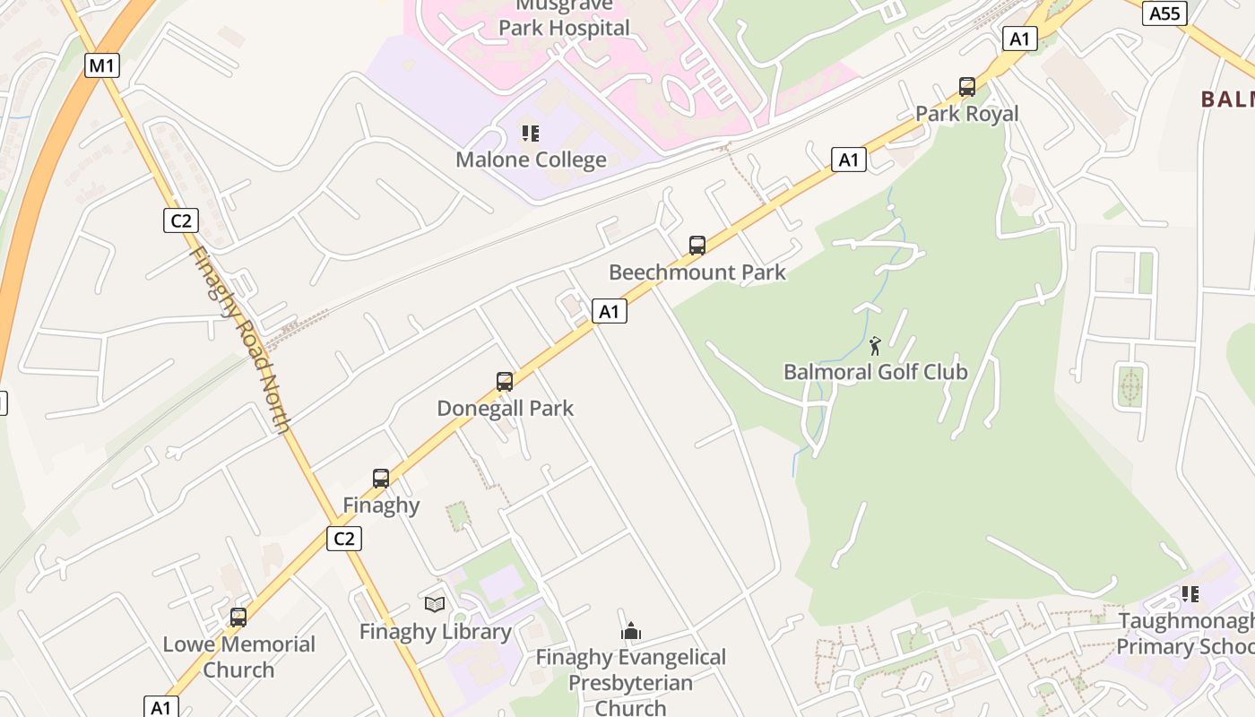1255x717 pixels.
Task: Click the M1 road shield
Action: pos(102,65)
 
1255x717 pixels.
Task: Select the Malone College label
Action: pos(531,160)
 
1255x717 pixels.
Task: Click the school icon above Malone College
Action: pos(531,134)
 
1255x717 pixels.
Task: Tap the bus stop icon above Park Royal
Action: pos(966,87)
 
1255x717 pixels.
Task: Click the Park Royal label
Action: pos(966,114)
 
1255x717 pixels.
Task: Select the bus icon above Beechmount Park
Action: pos(697,245)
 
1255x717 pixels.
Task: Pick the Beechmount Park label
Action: pos(697,272)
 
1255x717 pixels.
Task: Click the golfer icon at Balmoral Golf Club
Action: pos(875,345)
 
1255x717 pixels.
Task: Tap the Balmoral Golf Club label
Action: pos(875,372)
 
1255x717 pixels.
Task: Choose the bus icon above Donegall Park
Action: pos(505,382)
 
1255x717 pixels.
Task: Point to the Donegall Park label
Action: pos(505,409)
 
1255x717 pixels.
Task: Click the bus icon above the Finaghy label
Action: pos(381,479)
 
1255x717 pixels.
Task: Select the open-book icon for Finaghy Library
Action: pos(435,605)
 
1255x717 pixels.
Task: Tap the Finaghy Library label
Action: pos(435,632)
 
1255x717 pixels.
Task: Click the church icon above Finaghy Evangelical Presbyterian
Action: pos(630,631)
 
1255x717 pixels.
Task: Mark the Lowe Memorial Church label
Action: pos(238,657)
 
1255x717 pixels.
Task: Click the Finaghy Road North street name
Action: pos(240,340)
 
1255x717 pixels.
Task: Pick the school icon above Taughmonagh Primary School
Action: pos(1190,593)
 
